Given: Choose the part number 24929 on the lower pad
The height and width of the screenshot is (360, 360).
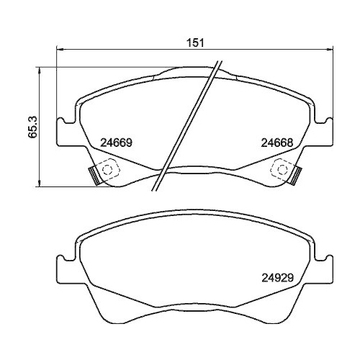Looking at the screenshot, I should tap(277, 274).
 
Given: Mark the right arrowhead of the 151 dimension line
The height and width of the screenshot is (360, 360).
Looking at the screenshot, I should tap(330, 50).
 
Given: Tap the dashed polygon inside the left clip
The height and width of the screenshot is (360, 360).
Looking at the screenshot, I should tap(108, 170).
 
